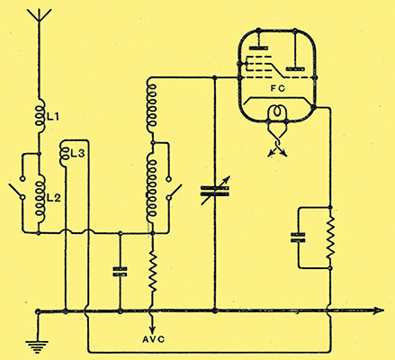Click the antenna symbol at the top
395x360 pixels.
(x=39, y=16)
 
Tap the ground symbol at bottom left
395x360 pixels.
(x=37, y=346)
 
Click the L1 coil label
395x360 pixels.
(x=53, y=116)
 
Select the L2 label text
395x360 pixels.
(x=54, y=198)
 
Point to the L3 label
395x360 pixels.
(x=77, y=154)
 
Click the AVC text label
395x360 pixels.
(x=153, y=339)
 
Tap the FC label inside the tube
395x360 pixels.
(x=277, y=88)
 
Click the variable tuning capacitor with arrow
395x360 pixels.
(x=215, y=191)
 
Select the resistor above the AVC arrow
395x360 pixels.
(x=153, y=272)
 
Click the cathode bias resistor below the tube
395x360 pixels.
(x=330, y=237)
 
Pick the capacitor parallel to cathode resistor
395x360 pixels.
(x=298, y=238)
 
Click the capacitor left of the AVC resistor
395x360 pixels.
(x=120, y=272)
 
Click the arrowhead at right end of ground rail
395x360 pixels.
(x=379, y=310)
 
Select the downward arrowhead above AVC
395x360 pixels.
(x=153, y=327)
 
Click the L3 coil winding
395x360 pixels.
(x=65, y=154)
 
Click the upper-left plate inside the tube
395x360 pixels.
(x=258, y=48)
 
